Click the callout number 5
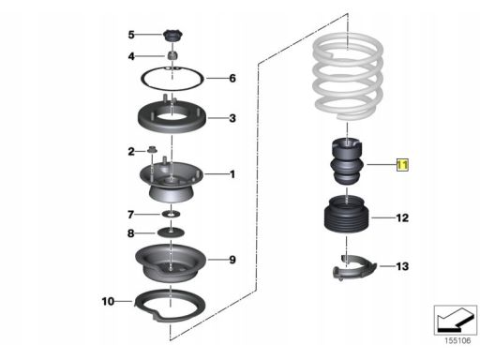pos(131,35)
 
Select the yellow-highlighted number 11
pos(402,165)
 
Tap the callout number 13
pos(402,266)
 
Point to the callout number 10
pos(108,301)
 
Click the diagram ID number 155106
pos(457,340)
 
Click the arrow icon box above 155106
pos(456,320)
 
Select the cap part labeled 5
pos(172,36)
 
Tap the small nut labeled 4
pos(172,55)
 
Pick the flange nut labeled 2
pos(152,150)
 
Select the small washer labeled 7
pos(171,215)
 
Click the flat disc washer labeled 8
pos(171,232)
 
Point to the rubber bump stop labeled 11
pos(347,162)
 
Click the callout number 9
pos(232,260)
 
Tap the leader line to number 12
pos(383,217)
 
